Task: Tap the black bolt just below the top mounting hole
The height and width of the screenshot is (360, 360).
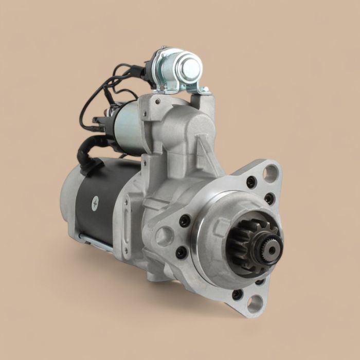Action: [251, 182]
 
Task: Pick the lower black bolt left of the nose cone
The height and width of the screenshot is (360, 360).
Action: [181, 253]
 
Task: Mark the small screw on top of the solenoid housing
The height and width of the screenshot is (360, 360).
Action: [157, 101]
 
